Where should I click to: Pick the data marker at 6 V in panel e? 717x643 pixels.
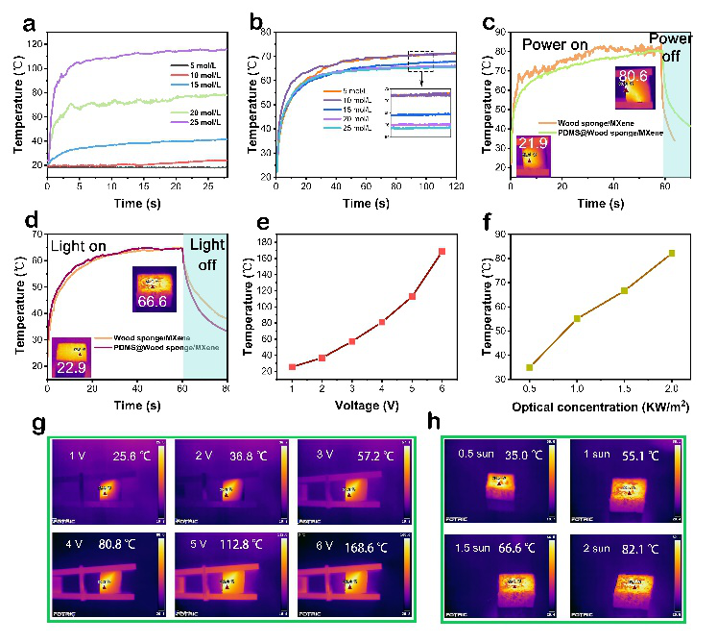[x=442, y=252]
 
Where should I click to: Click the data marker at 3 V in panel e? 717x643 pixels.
[x=352, y=341]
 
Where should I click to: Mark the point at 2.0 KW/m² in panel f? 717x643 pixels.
[x=672, y=253]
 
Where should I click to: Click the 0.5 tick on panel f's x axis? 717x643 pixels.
[x=529, y=389]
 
